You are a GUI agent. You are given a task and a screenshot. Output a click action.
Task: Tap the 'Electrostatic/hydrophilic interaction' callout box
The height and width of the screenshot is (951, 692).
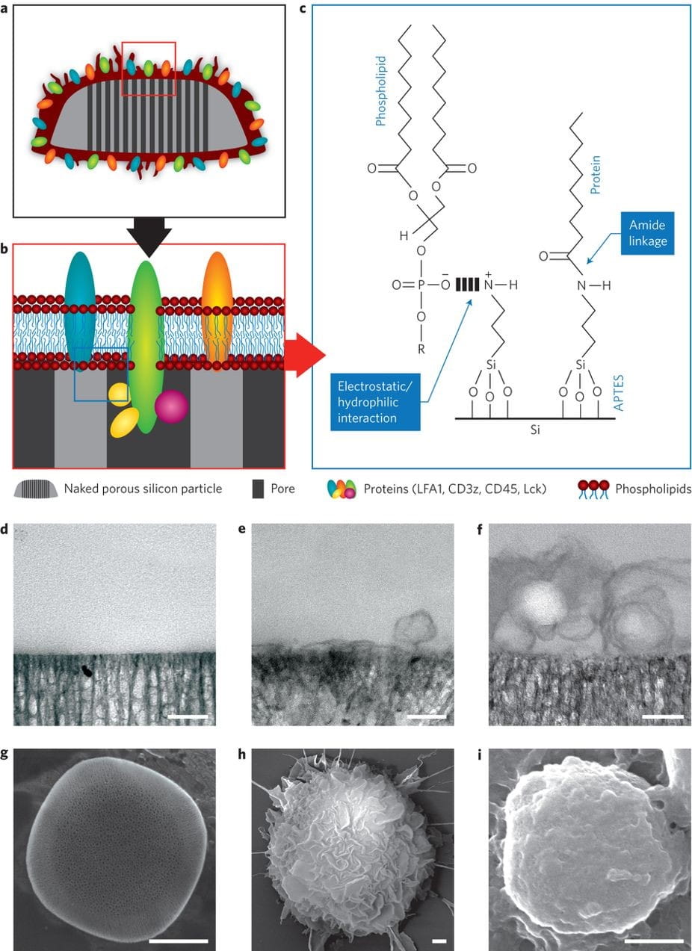click(376, 403)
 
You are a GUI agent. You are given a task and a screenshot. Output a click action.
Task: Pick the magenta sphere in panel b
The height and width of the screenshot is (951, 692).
click(171, 407)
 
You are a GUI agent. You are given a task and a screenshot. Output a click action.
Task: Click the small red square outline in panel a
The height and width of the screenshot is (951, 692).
click(149, 69)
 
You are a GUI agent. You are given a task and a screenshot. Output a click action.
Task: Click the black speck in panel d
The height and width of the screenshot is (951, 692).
click(88, 670)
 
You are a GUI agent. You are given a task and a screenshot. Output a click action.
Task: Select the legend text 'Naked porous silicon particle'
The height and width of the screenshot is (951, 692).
click(143, 489)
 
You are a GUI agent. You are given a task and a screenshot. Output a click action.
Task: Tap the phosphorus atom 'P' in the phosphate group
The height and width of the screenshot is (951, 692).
click(420, 285)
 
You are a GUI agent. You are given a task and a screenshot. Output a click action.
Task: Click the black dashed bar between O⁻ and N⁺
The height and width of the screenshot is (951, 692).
click(468, 285)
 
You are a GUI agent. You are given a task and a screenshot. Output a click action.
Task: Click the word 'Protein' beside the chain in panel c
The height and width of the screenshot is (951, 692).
click(595, 180)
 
